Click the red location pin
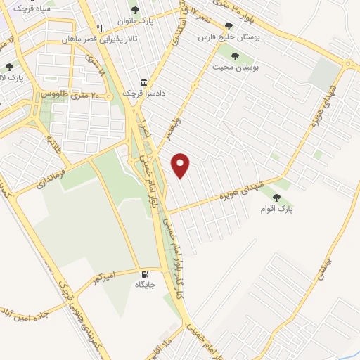tap(182, 165)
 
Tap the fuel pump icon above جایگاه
tap(145, 274)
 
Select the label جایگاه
tap(146, 285)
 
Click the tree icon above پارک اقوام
tap(276, 198)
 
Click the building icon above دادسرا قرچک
tap(143, 82)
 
